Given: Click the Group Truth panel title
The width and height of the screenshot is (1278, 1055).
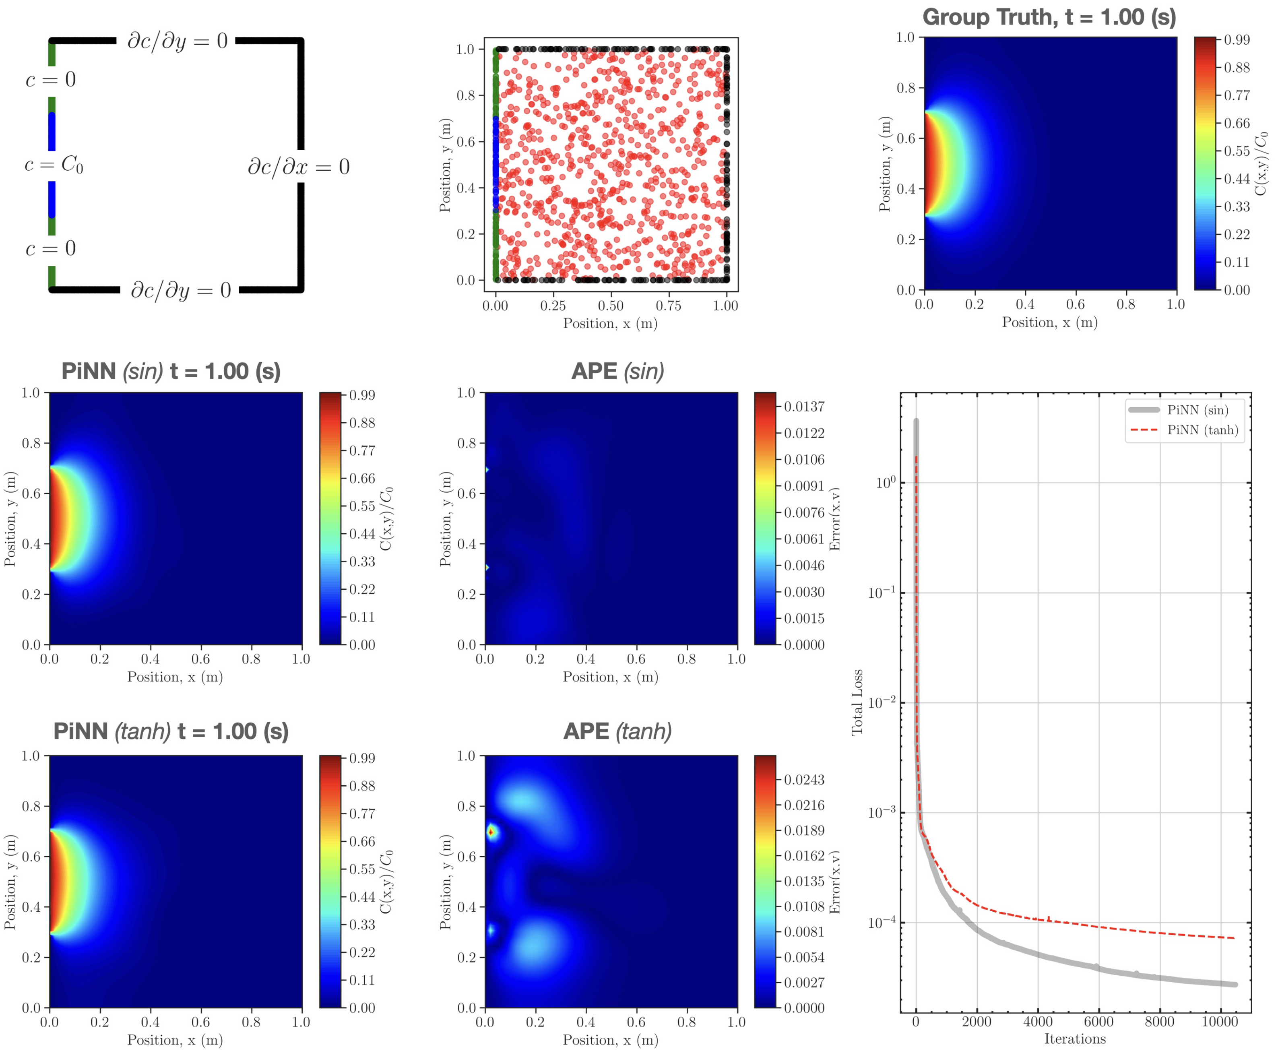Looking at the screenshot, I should (1049, 17).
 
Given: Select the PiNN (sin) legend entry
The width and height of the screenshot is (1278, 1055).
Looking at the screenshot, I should (1197, 410).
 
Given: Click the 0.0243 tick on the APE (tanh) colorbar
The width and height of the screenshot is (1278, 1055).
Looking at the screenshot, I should (803, 780).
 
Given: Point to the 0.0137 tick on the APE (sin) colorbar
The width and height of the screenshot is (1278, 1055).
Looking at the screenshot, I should (803, 407).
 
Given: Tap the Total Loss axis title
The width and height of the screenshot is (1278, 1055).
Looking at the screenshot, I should (857, 702).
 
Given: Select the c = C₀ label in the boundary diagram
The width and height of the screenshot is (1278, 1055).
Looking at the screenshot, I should (54, 165).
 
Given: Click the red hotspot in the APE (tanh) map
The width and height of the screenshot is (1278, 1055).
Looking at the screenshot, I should (490, 831).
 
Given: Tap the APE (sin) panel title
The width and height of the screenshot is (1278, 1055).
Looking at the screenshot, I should (617, 371).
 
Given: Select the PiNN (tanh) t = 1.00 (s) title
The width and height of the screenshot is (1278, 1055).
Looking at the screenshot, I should (171, 731).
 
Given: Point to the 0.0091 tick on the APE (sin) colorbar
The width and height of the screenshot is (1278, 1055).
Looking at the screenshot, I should (803, 486).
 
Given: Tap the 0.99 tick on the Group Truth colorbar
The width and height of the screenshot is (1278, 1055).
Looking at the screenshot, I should (1236, 40).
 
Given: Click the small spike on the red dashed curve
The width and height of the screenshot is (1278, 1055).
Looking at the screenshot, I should (1048, 918).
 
